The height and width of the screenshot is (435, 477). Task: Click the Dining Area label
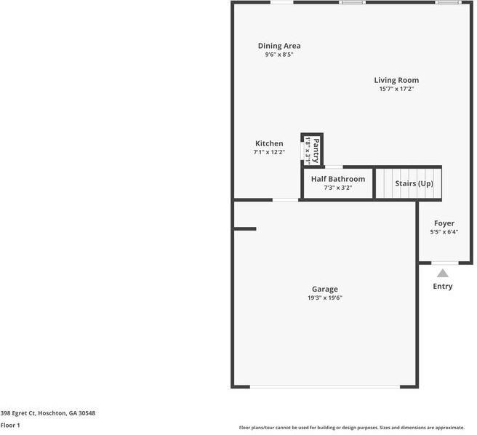[x=278, y=46]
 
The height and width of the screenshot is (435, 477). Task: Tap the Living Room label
[x=396, y=80]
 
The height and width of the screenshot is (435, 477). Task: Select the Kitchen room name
[x=269, y=143]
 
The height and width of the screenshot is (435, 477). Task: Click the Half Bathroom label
[x=337, y=179]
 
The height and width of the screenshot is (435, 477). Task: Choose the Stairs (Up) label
[x=414, y=183]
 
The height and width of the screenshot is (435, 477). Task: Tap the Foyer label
[x=444, y=223]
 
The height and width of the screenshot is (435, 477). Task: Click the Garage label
[x=325, y=289]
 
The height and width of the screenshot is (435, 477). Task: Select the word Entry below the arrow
[x=442, y=286]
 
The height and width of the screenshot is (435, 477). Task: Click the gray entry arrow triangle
[x=442, y=273]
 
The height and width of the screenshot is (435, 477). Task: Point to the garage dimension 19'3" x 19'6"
[x=325, y=298]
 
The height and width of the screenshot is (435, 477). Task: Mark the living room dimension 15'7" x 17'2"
[x=396, y=89]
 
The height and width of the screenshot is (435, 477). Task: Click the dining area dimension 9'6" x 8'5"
[x=278, y=55]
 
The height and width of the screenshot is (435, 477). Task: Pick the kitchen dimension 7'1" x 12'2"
[x=269, y=152]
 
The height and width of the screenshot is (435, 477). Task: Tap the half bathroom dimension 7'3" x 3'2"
[x=337, y=188]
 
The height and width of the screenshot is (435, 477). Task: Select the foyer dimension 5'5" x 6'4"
[x=444, y=232]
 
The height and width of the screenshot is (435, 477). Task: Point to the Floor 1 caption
[x=10, y=425]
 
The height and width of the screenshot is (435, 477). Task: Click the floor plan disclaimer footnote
[x=351, y=427]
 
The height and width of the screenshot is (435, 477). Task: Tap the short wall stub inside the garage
[x=245, y=229]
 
